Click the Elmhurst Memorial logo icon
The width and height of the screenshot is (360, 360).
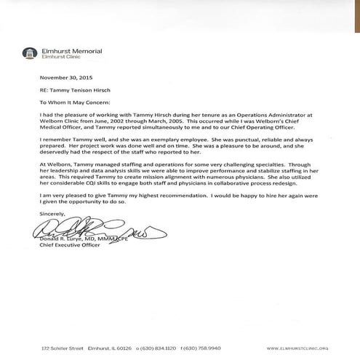[28, 53]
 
